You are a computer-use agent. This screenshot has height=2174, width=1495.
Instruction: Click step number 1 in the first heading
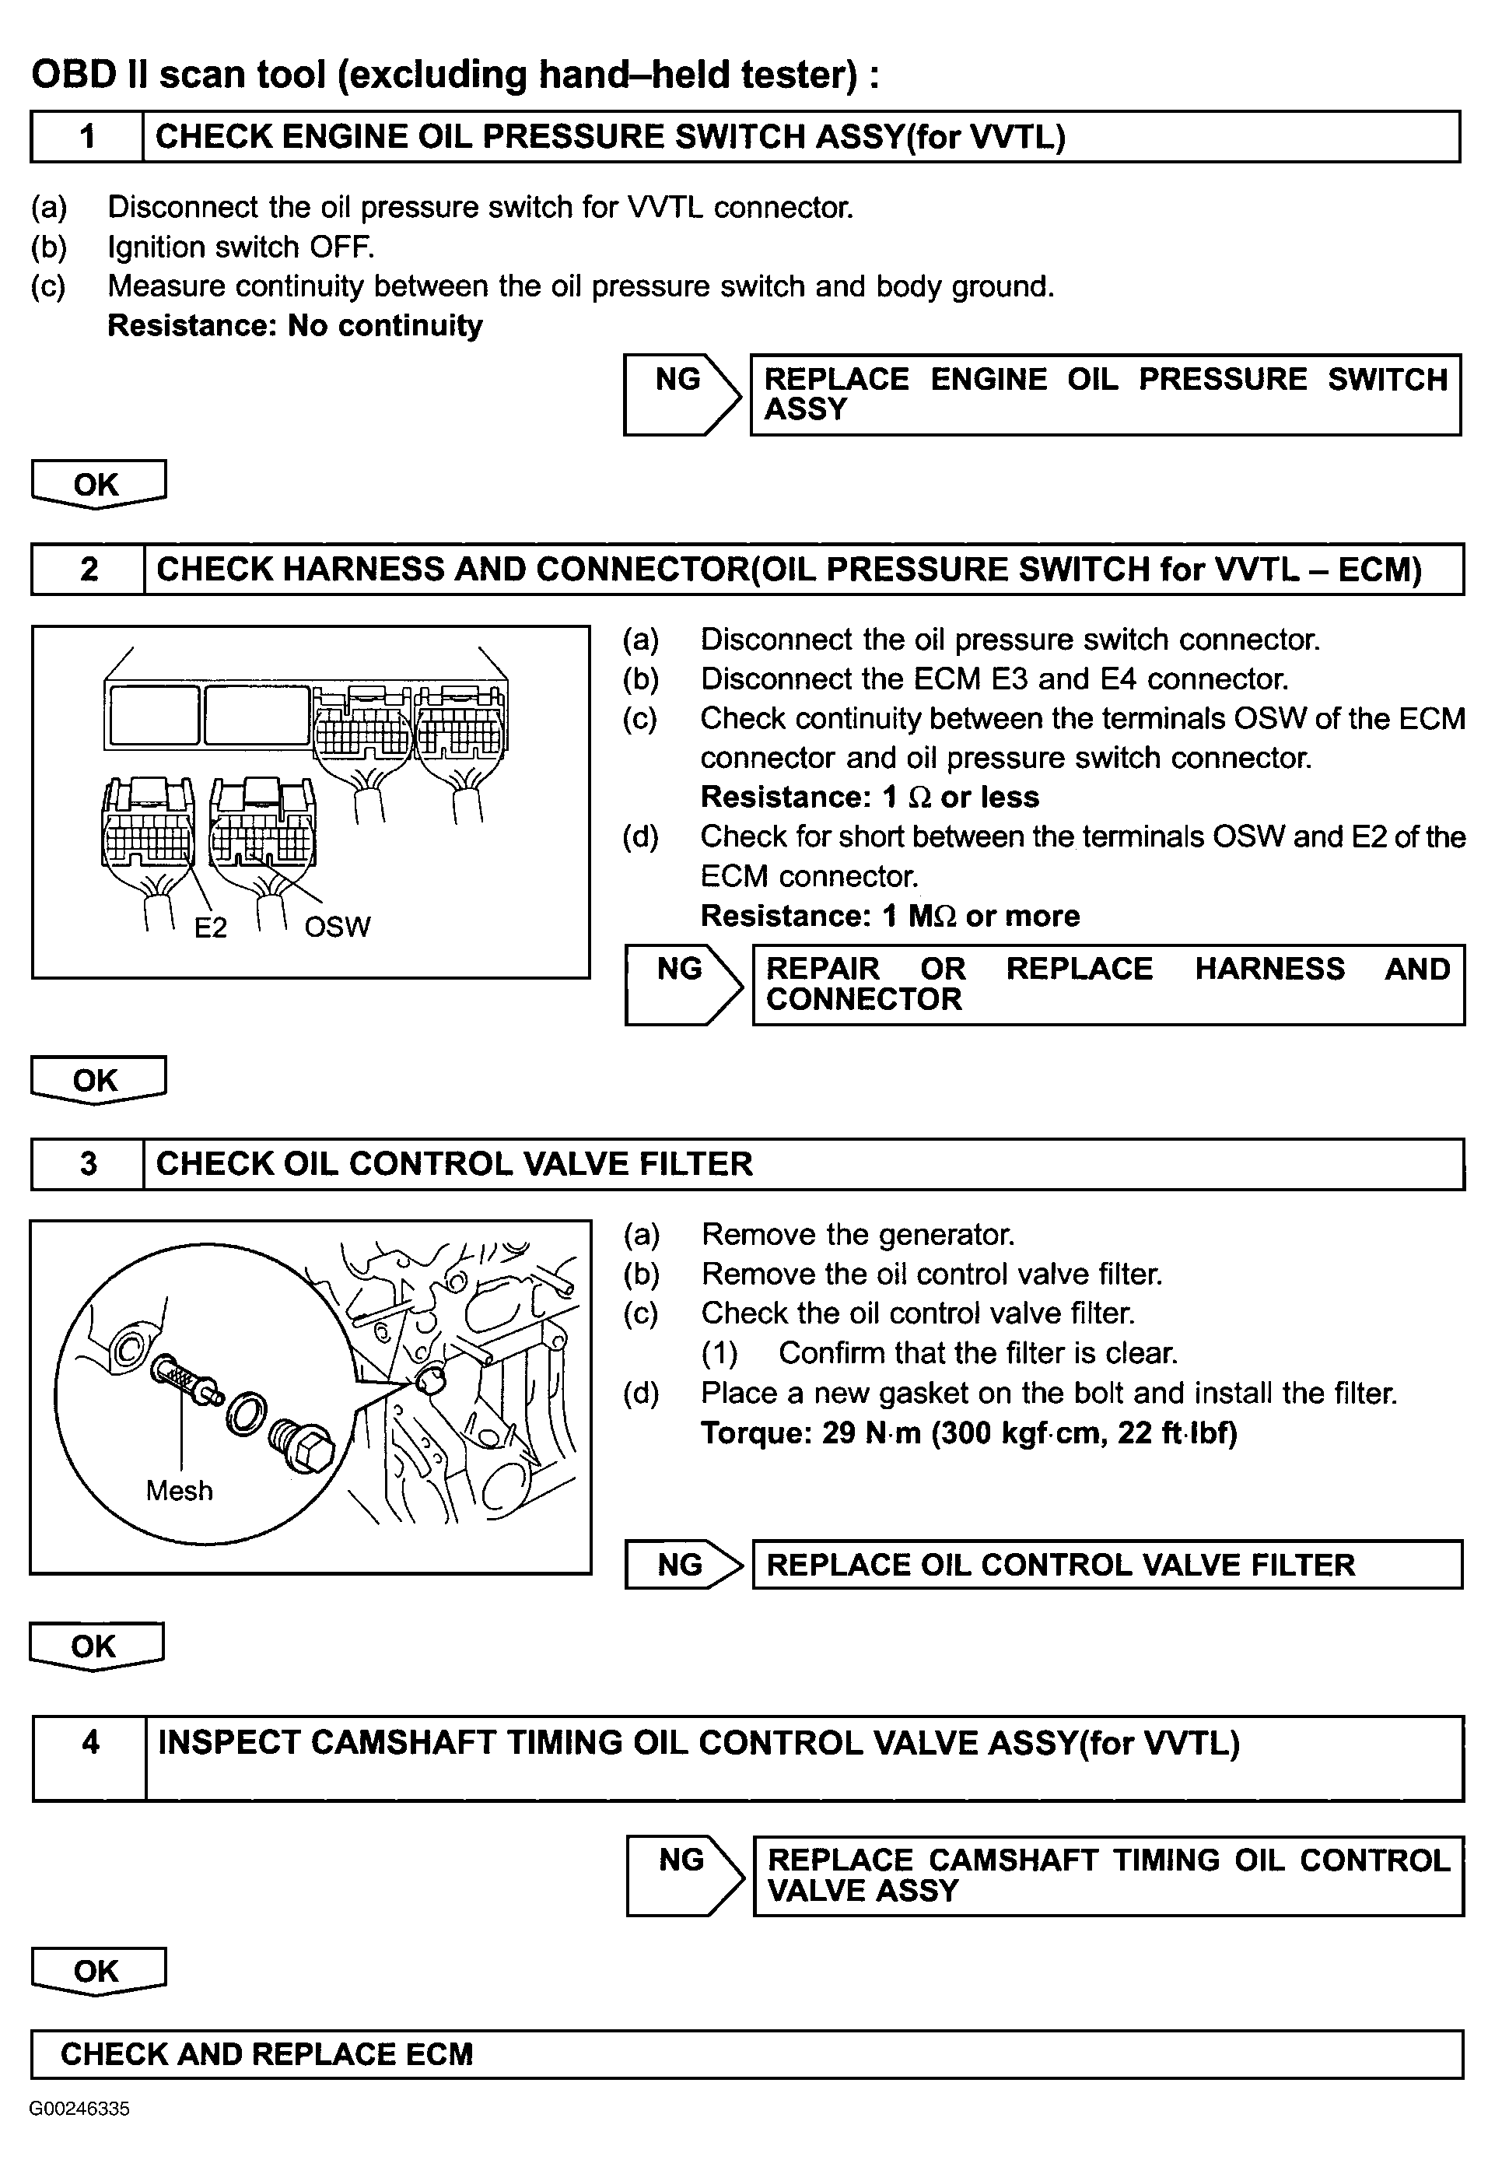(x=87, y=137)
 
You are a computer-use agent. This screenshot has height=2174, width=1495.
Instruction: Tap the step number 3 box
(x=88, y=1163)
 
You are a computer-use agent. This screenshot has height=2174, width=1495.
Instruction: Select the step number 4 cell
(x=90, y=1758)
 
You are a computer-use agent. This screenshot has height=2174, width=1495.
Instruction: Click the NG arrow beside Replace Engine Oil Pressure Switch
(x=682, y=394)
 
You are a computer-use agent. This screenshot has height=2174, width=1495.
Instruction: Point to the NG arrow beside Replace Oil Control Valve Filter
(x=682, y=1564)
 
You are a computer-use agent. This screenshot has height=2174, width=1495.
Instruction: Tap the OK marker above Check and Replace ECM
(x=97, y=1971)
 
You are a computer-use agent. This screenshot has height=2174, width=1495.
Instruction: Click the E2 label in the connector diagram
(x=211, y=927)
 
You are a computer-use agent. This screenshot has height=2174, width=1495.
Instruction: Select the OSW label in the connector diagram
(x=338, y=927)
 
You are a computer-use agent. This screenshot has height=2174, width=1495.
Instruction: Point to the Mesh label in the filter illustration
(x=179, y=1490)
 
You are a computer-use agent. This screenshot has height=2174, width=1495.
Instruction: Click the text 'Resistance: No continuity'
(x=295, y=325)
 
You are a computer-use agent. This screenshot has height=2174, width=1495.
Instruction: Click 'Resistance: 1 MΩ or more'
(x=890, y=916)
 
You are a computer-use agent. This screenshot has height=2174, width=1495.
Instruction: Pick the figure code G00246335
(x=79, y=2109)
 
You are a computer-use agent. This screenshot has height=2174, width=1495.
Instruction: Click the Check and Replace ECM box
(x=747, y=2054)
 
